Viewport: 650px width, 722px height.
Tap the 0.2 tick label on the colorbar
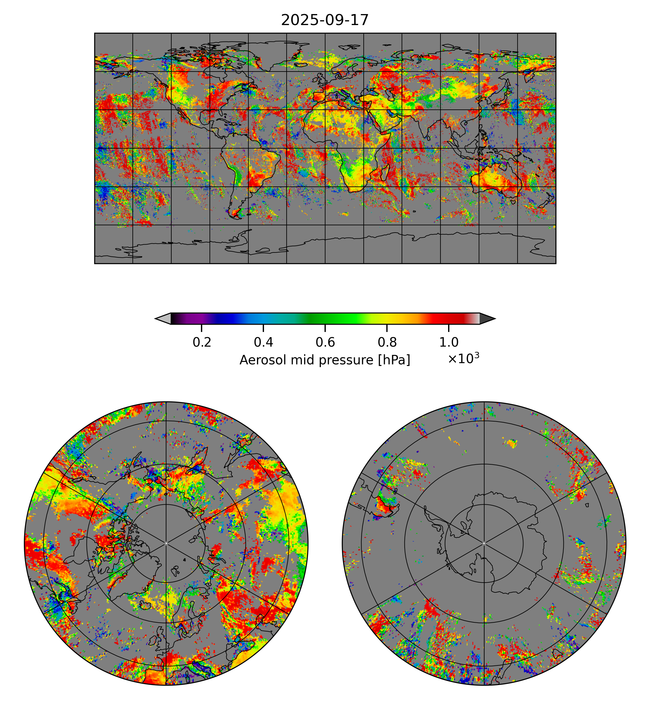pos(202,342)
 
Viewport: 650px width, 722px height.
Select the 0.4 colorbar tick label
pos(263,342)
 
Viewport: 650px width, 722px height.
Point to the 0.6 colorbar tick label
pos(325,342)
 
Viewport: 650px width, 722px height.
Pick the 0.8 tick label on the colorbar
pos(387,342)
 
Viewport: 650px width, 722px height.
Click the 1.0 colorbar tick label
pos(448,342)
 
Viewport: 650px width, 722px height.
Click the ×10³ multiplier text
pos(463,358)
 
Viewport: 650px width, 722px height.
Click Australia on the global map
pos(496,181)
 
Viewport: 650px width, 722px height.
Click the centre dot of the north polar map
pos(166,543)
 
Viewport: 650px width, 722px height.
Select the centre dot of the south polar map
pos(484,543)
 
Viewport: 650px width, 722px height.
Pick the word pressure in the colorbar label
pos(343,360)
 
